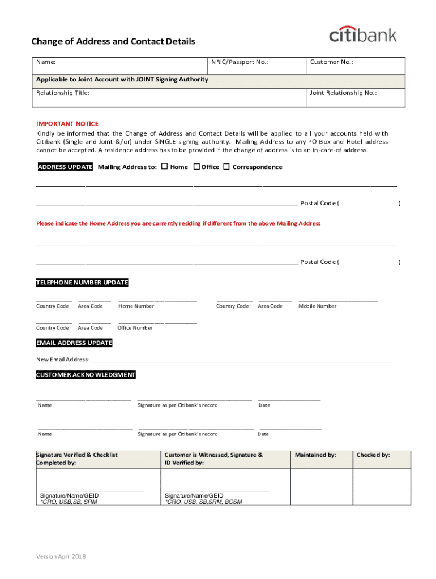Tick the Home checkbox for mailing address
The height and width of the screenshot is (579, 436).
(164, 167)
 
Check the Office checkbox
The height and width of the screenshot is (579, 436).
(196, 167)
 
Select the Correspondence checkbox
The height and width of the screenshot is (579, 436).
(226, 167)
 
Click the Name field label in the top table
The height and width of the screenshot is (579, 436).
(46, 62)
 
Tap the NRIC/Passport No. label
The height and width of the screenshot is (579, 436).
(239, 62)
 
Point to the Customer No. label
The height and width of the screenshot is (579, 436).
(331, 62)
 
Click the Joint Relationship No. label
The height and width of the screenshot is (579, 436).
(343, 93)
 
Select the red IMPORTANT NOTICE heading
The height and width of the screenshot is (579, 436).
(67, 123)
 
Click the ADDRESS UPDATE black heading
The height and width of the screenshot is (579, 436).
(65, 167)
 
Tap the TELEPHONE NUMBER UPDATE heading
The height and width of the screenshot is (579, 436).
(82, 283)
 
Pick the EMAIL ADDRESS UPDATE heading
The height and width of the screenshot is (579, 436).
(74, 343)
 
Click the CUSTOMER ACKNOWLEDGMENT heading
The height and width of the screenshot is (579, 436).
(86, 375)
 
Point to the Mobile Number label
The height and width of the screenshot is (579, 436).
(317, 306)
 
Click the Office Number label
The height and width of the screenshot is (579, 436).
(135, 327)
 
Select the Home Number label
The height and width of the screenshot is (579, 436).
(136, 306)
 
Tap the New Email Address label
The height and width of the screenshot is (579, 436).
(62, 360)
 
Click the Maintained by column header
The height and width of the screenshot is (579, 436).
(315, 455)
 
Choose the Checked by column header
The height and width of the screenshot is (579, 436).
(373, 455)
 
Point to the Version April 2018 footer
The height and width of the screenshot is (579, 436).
(61, 557)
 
